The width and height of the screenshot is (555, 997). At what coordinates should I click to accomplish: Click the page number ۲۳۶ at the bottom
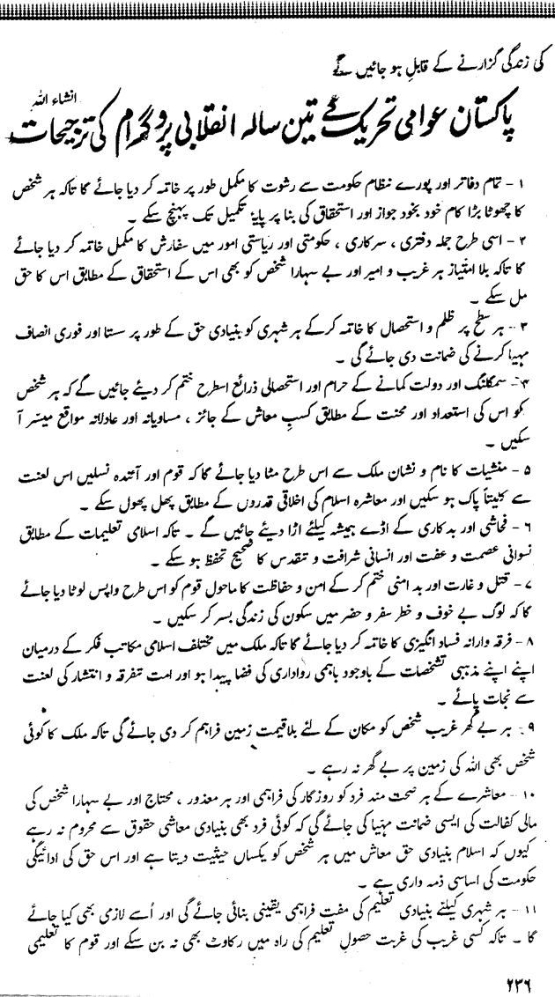pyautogui.click(x=491, y=974)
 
